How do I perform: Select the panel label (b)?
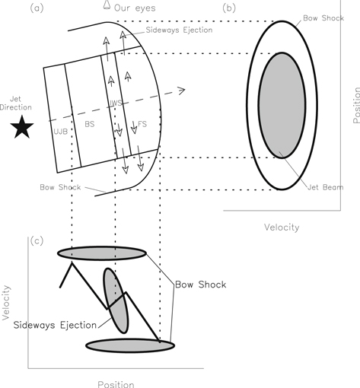click(x=229, y=8)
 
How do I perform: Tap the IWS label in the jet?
click(x=116, y=102)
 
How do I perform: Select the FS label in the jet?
click(x=142, y=122)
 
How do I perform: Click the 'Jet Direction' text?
click(x=21, y=102)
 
